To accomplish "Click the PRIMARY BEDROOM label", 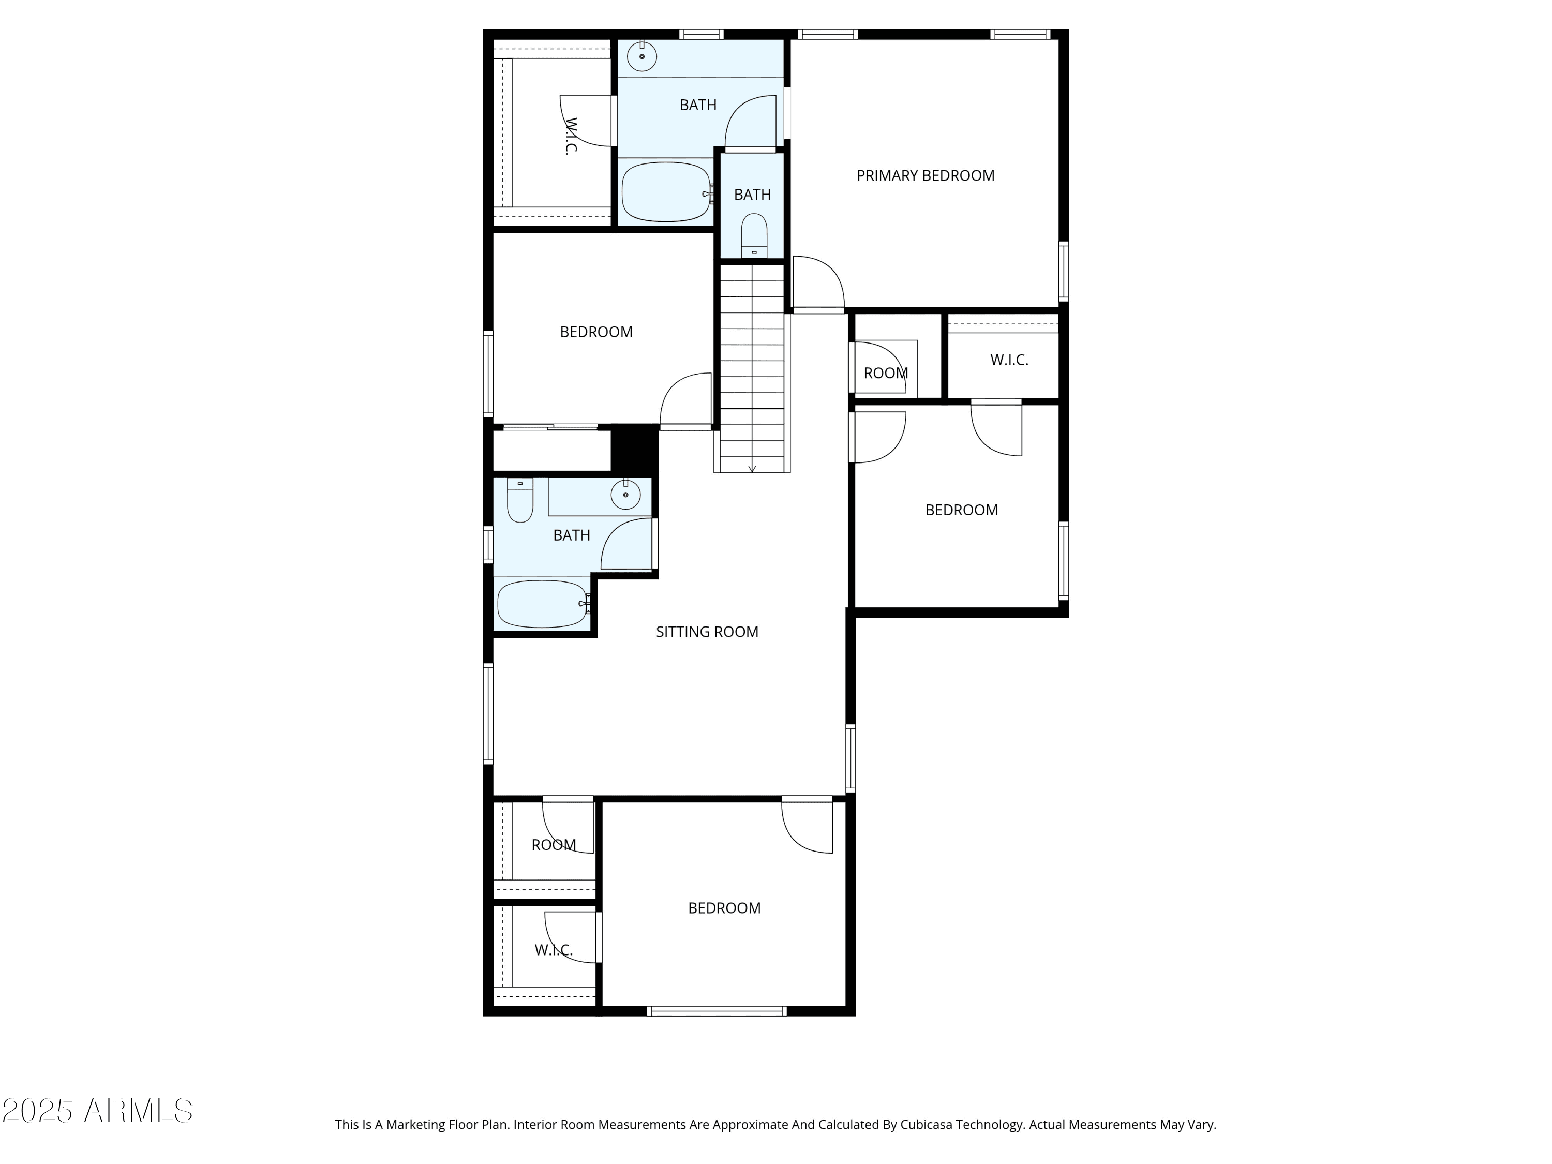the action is coord(926,175).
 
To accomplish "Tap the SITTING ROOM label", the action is coord(707,632).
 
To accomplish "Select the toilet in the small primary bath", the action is coord(754,236).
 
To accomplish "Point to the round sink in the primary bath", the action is coord(641,55).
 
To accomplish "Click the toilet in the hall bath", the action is coord(520,500).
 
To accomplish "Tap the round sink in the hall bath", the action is coord(625,495).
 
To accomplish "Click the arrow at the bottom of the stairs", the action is coord(752,468).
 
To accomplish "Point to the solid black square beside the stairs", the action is coord(634,449).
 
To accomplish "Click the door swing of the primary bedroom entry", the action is coord(818,281).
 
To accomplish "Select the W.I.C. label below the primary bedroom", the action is coord(1009,360).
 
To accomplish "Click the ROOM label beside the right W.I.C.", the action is coord(886,374).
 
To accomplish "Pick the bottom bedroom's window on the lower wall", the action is coord(717,1011).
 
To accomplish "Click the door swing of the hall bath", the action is coord(626,543).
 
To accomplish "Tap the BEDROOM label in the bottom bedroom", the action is coord(724,908).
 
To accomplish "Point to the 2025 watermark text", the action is coord(37,1111).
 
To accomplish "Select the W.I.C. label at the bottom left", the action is coord(554,950).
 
